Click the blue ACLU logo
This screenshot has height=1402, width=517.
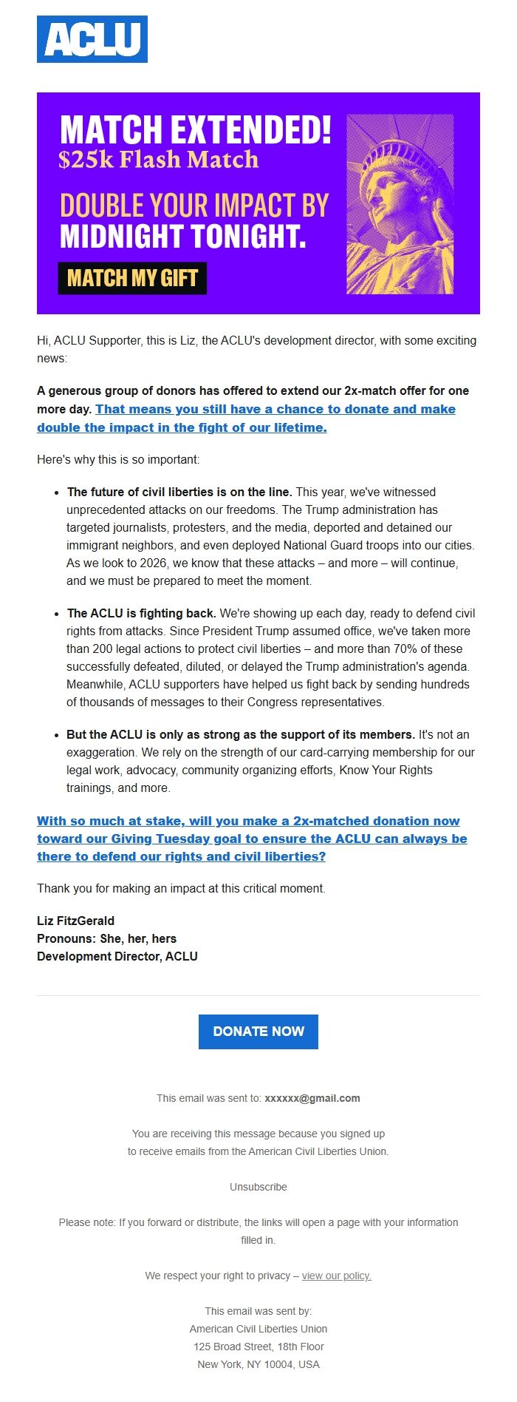click(92, 39)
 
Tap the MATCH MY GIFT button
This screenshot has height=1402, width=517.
click(132, 279)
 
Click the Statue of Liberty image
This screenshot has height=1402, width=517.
click(400, 204)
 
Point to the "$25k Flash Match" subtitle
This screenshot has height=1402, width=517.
click(159, 160)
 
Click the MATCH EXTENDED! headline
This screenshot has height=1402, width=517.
click(195, 130)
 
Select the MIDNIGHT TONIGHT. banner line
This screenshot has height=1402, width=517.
click(182, 237)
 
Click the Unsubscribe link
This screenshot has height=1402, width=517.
click(258, 1187)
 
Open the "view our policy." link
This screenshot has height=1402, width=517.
click(336, 1276)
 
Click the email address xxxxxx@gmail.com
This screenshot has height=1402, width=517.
click(312, 1098)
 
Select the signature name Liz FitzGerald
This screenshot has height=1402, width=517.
click(76, 921)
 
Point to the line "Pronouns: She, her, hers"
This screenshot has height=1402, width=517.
click(107, 938)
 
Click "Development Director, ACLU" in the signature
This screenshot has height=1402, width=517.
click(117, 956)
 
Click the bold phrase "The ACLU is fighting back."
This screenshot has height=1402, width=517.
click(141, 613)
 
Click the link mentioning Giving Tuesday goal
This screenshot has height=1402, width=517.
click(252, 839)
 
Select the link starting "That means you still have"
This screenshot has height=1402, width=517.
click(275, 410)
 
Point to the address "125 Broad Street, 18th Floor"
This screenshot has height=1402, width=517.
click(258, 1347)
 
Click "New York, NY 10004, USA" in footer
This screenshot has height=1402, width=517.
click(258, 1364)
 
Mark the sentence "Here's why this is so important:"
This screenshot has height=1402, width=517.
click(118, 459)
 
